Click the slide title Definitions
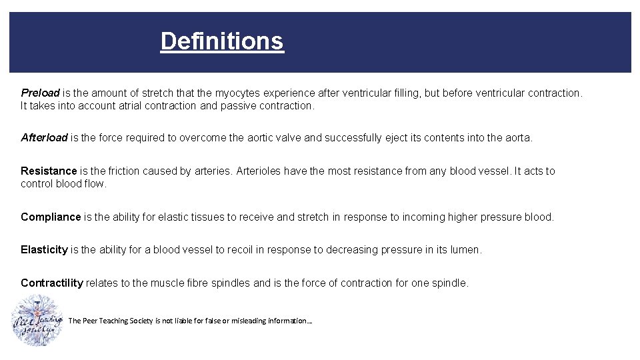tap(222, 41)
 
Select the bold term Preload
tap(40, 93)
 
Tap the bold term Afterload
tap(44, 138)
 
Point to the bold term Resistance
tap(49, 171)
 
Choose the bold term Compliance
tap(51, 217)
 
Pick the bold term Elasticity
tap(44, 250)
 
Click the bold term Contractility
tap(52, 283)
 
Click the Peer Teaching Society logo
tap(37, 321)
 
